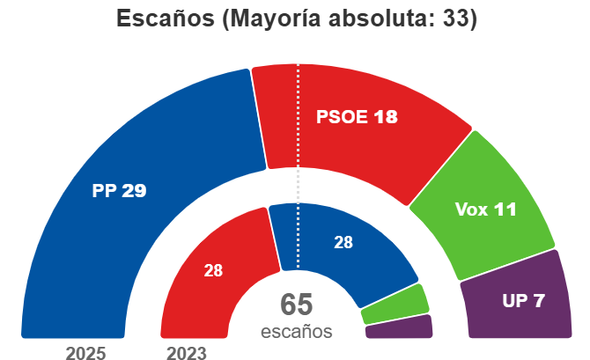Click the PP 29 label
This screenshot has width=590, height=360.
pyautogui.click(x=119, y=190)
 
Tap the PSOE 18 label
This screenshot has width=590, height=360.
pyautogui.click(x=357, y=117)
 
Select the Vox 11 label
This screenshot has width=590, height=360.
pyautogui.click(x=485, y=209)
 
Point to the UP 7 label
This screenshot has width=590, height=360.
pyautogui.click(x=523, y=300)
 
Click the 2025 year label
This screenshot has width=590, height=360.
pyautogui.click(x=86, y=353)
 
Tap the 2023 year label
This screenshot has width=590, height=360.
pyautogui.click(x=186, y=353)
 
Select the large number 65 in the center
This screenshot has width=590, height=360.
pyautogui.click(x=297, y=305)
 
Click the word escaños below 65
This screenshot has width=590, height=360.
pyautogui.click(x=297, y=333)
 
